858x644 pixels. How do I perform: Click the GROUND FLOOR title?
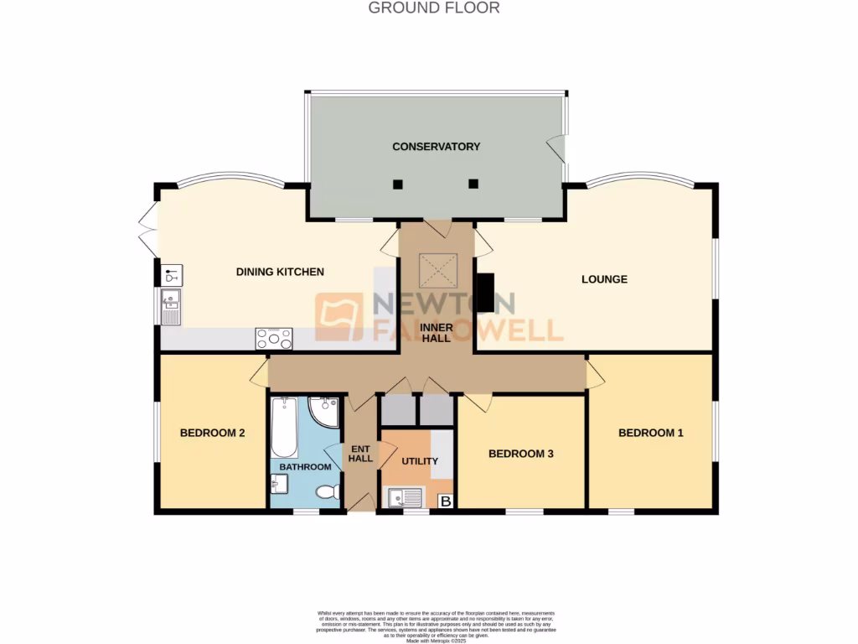tap(434, 8)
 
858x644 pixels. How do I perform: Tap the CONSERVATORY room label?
tap(436, 147)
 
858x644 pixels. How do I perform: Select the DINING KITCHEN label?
tap(279, 272)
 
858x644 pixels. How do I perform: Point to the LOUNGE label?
tap(604, 279)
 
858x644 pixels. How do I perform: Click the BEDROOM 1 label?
tap(651, 433)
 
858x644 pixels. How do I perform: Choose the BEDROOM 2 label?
tap(212, 434)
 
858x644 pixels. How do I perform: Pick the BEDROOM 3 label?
tap(520, 454)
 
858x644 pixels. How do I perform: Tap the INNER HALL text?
tap(437, 332)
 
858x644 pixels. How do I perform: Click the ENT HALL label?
tap(360, 453)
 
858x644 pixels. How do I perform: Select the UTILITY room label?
tap(420, 461)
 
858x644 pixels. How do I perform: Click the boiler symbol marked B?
tap(446, 501)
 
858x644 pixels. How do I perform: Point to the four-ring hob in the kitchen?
tap(274, 338)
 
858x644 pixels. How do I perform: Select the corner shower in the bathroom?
tap(323, 411)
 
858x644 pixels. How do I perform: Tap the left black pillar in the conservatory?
tap(399, 184)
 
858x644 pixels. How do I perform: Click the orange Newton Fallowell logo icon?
tap(339, 316)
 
